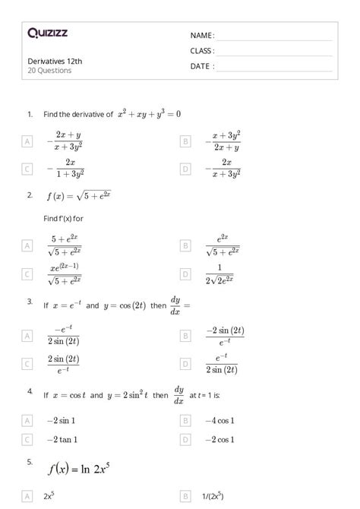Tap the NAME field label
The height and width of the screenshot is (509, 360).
click(x=202, y=36)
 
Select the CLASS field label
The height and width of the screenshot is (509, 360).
click(x=202, y=51)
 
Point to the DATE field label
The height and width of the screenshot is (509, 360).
click(x=202, y=66)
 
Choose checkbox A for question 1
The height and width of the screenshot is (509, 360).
click(x=27, y=141)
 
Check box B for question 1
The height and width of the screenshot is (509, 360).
click(x=185, y=141)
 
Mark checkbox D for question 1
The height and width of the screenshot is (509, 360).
click(x=185, y=169)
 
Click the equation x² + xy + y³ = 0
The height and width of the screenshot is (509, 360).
click(x=149, y=114)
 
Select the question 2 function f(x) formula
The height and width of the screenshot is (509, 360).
click(x=79, y=196)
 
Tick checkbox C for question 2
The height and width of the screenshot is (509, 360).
click(x=27, y=273)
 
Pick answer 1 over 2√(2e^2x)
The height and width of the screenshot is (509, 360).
click(x=223, y=273)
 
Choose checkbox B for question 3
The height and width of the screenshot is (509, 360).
click(x=185, y=335)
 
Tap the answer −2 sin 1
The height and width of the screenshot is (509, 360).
click(x=60, y=420)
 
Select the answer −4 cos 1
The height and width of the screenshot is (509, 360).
click(x=219, y=420)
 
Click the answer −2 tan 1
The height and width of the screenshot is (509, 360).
click(x=61, y=439)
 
